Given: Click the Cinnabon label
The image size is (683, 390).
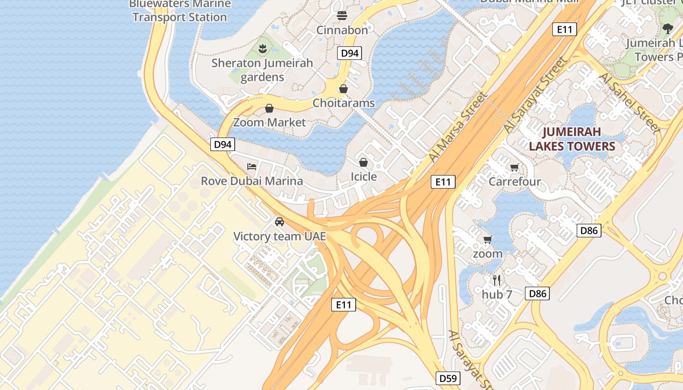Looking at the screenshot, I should pos(342,30).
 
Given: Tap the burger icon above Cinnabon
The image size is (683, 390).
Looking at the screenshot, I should pos(342,15).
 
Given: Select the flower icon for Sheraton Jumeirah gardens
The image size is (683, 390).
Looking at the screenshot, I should pos(262,48).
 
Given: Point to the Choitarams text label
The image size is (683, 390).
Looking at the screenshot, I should pos(343,103).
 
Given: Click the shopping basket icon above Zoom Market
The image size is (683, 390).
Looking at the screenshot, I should pos(269,108).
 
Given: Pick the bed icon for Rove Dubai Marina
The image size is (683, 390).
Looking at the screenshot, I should pos(252,167).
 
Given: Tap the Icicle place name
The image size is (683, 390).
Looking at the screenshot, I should pos(363,176).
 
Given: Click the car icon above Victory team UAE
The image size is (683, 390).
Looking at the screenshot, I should pos(280,222).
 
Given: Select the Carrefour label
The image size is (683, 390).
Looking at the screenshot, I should pos(515,182).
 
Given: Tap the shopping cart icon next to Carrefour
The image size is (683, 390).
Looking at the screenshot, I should pos(514,168).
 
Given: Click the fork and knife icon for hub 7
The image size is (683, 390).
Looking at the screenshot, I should pos(497,280).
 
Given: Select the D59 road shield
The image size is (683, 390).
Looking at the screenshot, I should pos(447,378).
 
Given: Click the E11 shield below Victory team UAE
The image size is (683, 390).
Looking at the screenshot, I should pos(343,305).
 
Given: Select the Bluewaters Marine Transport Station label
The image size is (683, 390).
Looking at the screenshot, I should pos(180,11).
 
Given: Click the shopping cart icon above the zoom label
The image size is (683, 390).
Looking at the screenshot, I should pos(487,239).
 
